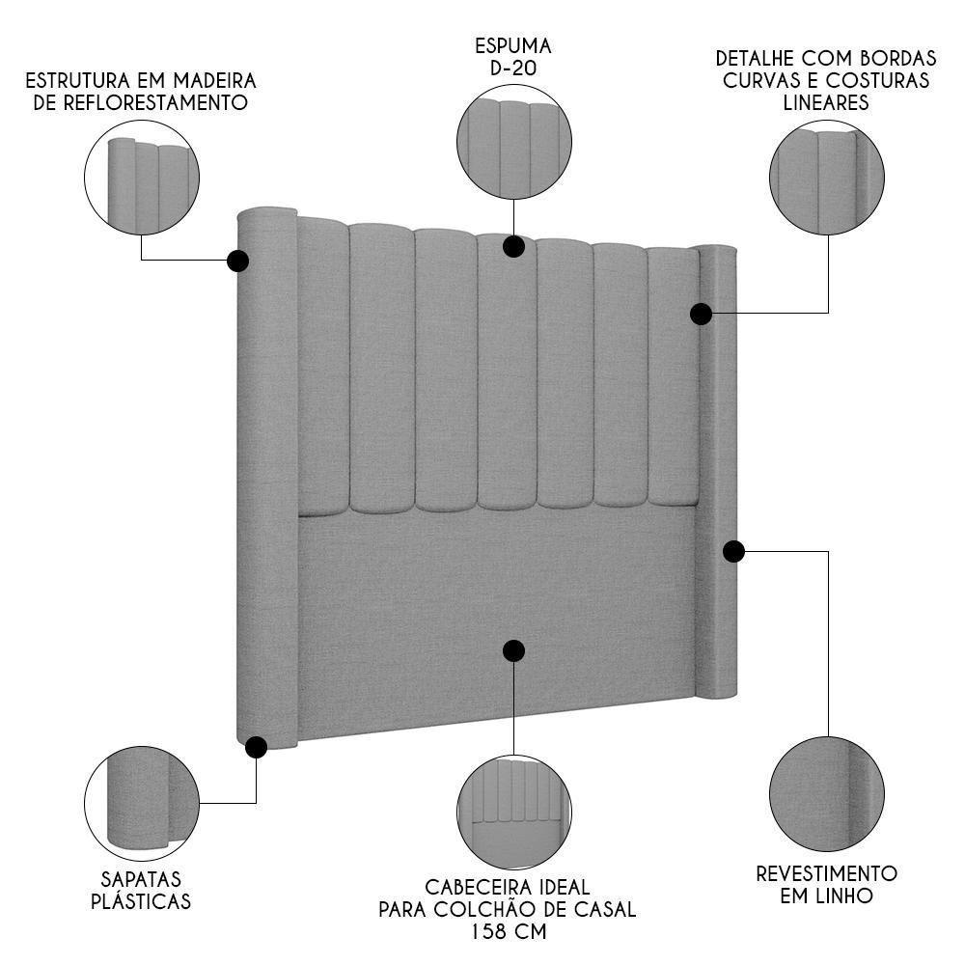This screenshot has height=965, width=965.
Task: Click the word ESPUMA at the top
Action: [513, 45]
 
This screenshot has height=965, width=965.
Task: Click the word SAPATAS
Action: [141, 879]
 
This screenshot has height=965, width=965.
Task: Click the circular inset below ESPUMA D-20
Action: [513, 142]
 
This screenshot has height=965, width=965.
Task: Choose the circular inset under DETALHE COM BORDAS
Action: [827, 177]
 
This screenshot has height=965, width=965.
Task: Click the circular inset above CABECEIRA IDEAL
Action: [513, 812]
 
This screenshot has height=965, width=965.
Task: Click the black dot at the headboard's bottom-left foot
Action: [256, 747]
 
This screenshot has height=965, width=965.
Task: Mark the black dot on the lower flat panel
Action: [513, 650]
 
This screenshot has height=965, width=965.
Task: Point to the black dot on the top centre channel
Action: [513, 246]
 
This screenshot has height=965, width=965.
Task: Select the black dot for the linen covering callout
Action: [733, 551]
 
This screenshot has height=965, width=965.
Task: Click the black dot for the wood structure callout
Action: [237, 261]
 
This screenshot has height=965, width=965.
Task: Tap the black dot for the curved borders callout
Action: [702, 314]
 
